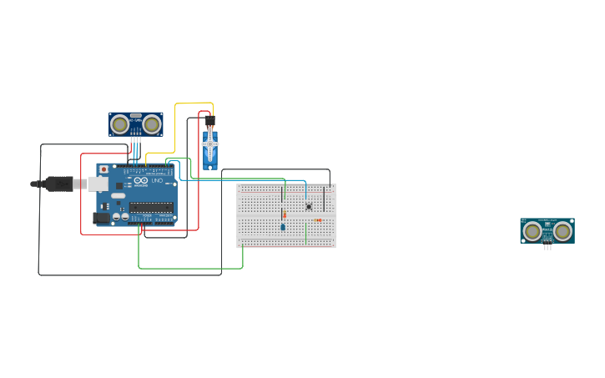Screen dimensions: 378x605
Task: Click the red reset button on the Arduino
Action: [103, 169]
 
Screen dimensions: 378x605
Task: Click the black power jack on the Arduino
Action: [101, 218]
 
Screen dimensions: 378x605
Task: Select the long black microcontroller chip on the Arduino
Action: [151, 207]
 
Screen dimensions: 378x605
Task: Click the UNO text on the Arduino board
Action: [157, 181]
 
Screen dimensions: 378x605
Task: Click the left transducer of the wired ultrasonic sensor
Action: [120, 124]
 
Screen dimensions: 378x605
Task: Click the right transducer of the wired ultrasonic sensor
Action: [151, 124]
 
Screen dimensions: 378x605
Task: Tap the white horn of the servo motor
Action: [210, 144]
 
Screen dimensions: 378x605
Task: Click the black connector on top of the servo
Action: [209, 121]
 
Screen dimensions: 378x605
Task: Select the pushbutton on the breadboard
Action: [309, 206]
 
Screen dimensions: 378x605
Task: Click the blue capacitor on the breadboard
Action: [283, 226]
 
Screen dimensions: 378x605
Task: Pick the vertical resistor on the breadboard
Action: [284, 214]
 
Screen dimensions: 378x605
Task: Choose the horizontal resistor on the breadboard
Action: [318, 219]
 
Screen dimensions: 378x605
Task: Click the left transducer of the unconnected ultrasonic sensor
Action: [532, 230]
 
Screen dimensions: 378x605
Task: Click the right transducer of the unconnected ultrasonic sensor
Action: [563, 230]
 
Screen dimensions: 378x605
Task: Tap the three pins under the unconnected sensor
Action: [547, 247]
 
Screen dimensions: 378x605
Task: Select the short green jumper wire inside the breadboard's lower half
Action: [305, 234]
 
